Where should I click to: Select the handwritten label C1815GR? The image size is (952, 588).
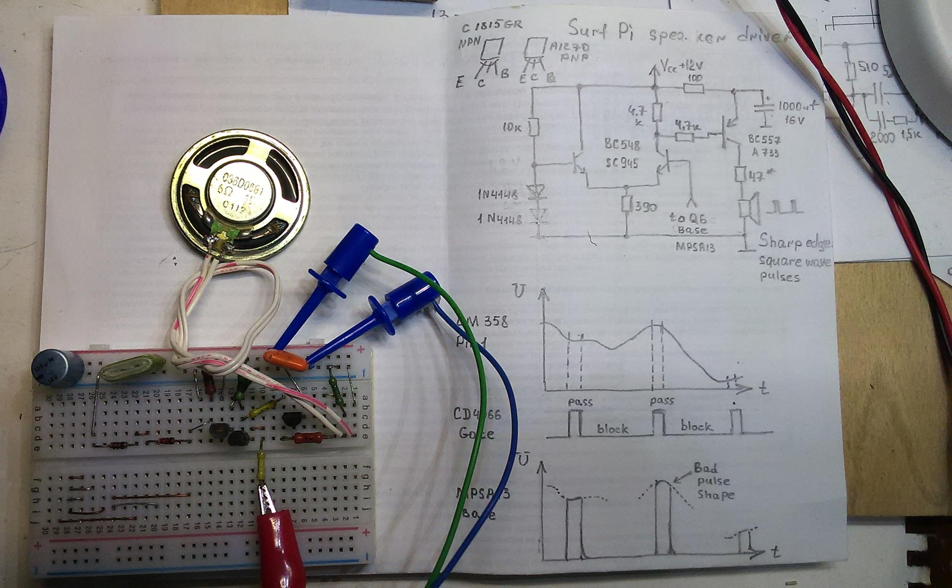pyautogui.click(x=492, y=27)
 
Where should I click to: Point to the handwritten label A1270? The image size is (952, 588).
pyautogui.click(x=569, y=48)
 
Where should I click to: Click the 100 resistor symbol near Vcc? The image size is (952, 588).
pyautogui.click(x=693, y=89)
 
